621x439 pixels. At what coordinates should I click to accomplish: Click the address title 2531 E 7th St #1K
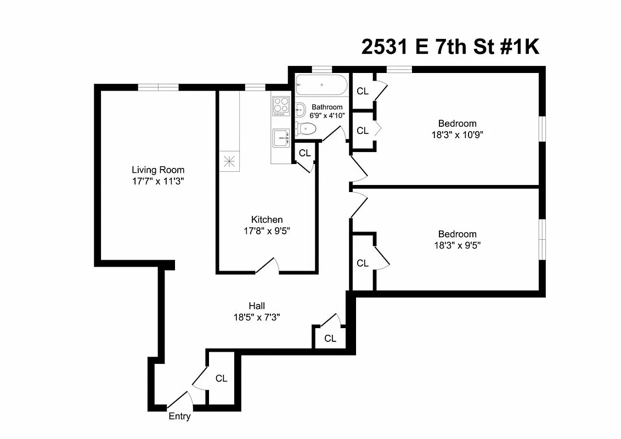(450, 47)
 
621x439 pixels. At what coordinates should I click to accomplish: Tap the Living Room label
(158, 170)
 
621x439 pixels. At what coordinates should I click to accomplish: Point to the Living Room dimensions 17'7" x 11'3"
(158, 181)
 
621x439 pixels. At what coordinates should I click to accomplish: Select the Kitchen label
(267, 219)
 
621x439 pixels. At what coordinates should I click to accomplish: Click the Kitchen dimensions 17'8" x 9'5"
(267, 231)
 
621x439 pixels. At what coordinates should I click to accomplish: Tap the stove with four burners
(281, 105)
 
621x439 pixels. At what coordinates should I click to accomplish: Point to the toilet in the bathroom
(306, 130)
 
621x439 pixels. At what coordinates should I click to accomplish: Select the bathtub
(321, 86)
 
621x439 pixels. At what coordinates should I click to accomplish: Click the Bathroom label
(327, 107)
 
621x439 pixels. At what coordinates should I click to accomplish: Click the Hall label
(257, 306)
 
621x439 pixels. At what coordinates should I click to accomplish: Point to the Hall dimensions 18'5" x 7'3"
(257, 317)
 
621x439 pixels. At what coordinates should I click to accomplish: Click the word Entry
(179, 417)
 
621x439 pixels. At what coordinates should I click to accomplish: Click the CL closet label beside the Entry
(221, 379)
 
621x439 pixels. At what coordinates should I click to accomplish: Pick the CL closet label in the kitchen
(304, 153)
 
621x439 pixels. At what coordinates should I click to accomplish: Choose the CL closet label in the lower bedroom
(363, 263)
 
